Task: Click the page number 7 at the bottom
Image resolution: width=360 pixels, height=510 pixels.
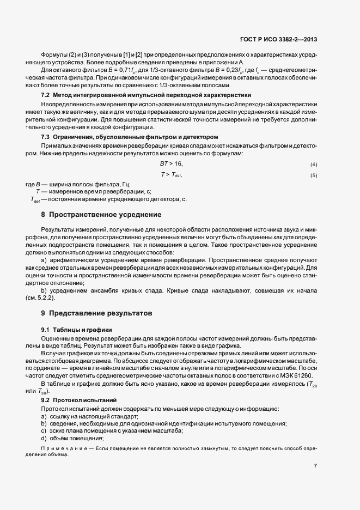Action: (x=316, y=466)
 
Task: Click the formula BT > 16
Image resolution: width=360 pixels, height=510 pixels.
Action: (x=171, y=163)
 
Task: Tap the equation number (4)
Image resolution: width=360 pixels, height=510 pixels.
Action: (x=314, y=165)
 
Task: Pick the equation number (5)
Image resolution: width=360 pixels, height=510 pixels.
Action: (x=314, y=175)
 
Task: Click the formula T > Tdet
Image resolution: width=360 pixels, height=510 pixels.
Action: (x=171, y=175)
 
